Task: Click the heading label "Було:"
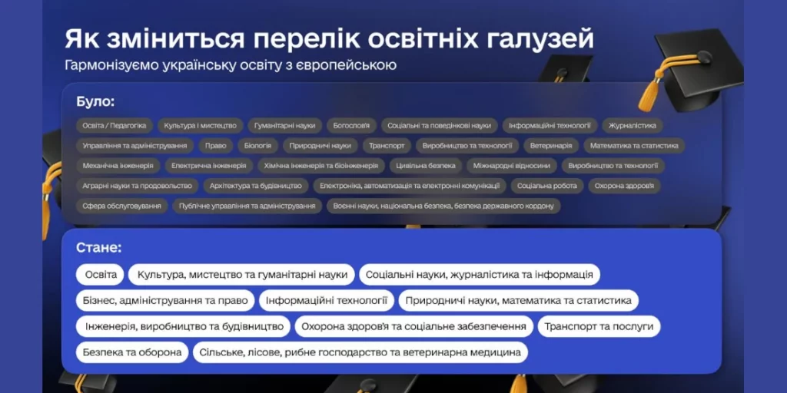95,102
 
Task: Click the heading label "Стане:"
99,248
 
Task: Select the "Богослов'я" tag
351,125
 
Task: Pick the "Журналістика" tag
633,125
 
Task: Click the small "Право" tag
216,145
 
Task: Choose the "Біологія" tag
258,145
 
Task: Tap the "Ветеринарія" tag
551,145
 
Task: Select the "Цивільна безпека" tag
426,166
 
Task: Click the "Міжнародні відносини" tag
511,166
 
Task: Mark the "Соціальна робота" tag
547,186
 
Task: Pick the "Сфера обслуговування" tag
122,206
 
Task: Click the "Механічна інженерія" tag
118,166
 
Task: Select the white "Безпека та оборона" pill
132,352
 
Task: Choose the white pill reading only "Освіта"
101,275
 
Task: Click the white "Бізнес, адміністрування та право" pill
166,301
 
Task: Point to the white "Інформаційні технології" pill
327,301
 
